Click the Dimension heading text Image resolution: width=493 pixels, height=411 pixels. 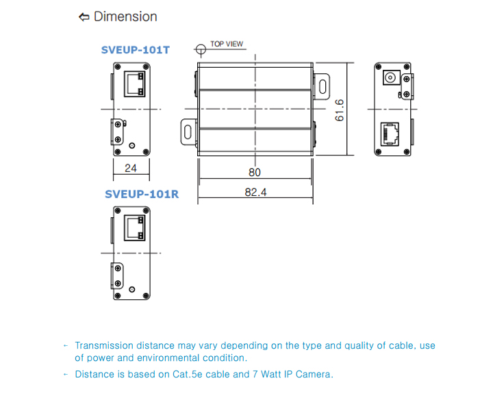[x=125, y=16]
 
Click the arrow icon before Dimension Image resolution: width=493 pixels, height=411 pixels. [x=84, y=16]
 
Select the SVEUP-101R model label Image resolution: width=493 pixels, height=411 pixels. [x=142, y=194]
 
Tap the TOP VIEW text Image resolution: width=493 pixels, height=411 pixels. [x=227, y=44]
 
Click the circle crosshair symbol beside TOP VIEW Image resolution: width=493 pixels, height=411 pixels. [x=201, y=49]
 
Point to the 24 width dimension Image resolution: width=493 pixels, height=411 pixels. [x=131, y=168]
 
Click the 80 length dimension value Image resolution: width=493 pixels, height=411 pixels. [x=254, y=172]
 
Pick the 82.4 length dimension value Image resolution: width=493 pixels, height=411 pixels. [x=255, y=192]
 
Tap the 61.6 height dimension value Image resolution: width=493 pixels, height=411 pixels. [x=339, y=110]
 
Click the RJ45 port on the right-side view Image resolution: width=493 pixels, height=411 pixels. [x=391, y=132]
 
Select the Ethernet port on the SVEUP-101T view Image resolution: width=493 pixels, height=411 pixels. [x=134, y=84]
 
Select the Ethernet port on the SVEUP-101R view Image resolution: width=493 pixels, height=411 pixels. [x=134, y=227]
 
